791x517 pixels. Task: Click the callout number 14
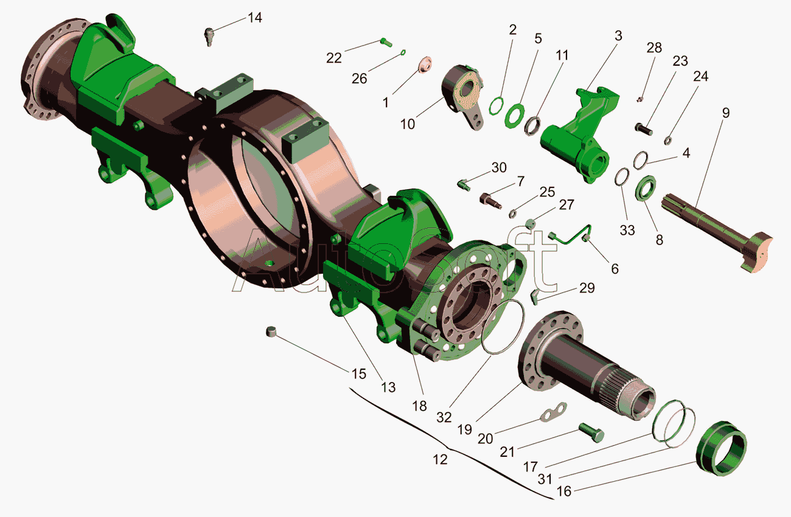(254, 18)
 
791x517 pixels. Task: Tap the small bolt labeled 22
(386, 43)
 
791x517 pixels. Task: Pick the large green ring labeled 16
(721, 448)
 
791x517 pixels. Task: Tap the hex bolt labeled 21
(591, 433)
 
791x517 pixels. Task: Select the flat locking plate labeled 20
(553, 412)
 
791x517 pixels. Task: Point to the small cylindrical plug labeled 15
(271, 331)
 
